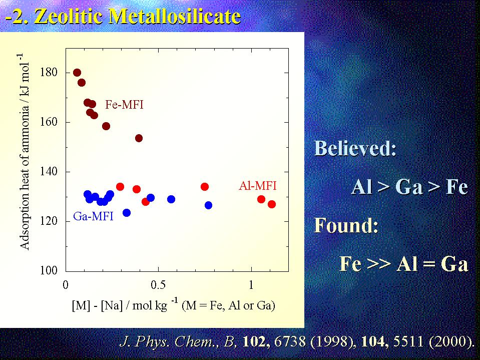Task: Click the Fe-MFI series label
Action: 124,105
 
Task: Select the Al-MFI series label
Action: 258,186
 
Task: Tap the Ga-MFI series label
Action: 93,216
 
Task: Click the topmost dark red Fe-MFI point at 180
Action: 77,73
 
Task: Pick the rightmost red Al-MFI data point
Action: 271,204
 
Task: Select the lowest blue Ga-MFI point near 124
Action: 127,212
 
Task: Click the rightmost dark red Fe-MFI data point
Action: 139,138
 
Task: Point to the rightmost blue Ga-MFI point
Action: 208,205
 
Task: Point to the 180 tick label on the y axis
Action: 49,73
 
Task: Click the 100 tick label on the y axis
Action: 49,270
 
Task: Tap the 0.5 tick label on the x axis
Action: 158,285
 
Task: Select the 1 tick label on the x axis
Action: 251,285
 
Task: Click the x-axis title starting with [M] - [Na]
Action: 173,305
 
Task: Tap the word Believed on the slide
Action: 355,149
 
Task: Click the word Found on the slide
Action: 346,225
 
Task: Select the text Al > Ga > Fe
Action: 409,186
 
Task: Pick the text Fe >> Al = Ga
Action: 404,263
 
